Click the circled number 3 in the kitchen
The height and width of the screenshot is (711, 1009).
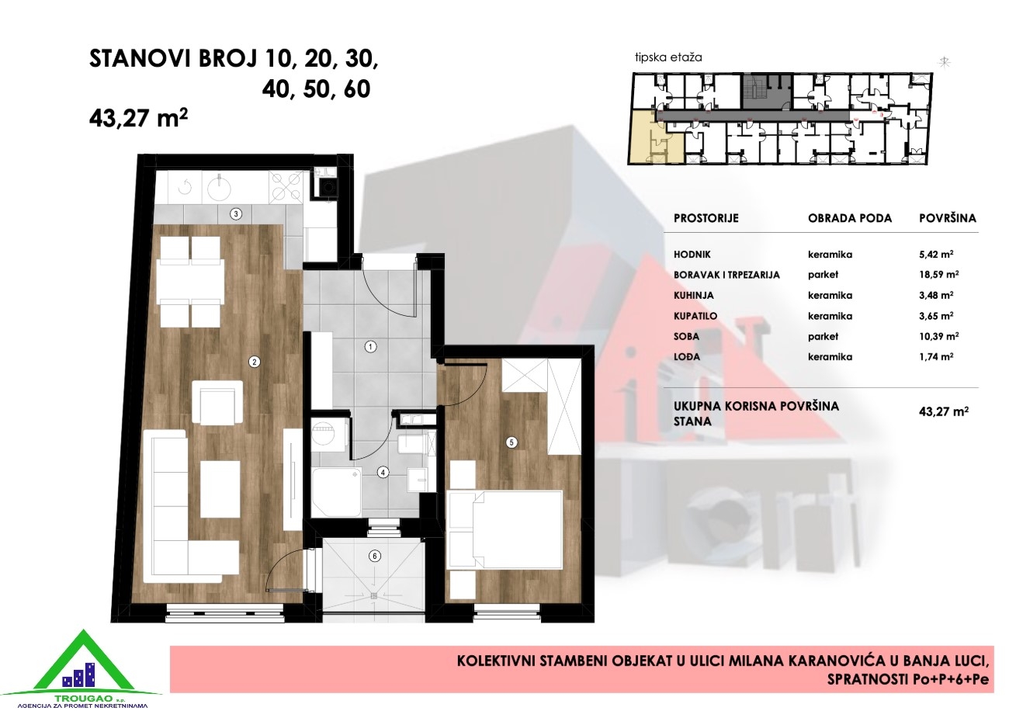(236, 214)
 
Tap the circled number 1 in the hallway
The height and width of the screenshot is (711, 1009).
(370, 347)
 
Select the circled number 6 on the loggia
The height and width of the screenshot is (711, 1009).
(374, 556)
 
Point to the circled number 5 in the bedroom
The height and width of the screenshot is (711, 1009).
(511, 442)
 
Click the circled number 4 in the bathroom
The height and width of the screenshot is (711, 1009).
(383, 472)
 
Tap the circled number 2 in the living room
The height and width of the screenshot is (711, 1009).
(255, 362)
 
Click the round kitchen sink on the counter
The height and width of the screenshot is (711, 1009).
(220, 187)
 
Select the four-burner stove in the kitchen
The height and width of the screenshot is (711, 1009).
(286, 187)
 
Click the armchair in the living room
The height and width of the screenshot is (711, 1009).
(217, 402)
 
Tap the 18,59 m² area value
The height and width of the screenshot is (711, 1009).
(938, 275)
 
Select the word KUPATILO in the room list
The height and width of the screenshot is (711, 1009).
(695, 316)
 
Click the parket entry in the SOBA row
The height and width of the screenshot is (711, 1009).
(823, 337)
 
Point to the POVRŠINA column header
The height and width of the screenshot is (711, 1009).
(947, 218)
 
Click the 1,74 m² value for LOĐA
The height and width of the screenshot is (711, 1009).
(936, 356)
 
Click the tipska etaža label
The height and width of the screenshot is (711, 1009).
(668, 57)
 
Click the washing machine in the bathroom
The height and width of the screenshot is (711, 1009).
(327, 434)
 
